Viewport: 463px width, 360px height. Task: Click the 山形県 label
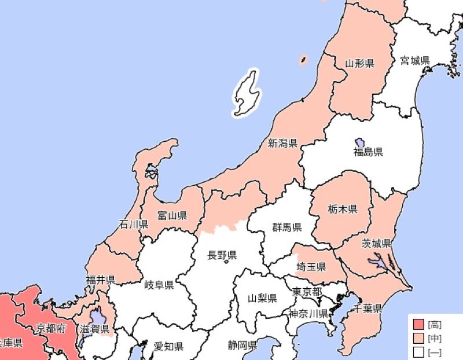[359, 63]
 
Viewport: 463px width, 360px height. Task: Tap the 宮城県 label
[415, 60]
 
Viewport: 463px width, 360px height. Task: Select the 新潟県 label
[282, 142]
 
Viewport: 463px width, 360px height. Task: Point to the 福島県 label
[369, 152]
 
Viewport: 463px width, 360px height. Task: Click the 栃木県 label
[342, 209]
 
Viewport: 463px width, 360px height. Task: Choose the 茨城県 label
[377, 243]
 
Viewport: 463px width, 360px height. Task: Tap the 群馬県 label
[287, 227]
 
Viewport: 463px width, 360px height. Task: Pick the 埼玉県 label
[311, 267]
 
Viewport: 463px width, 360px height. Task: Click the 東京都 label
[307, 291]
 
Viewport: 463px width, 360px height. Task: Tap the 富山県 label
[172, 216]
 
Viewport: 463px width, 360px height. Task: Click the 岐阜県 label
[159, 285]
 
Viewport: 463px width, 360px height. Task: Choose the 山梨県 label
[262, 299]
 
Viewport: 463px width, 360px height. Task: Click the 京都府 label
[51, 329]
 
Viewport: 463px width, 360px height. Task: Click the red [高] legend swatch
[419, 325]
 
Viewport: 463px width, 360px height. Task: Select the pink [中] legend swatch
[419, 338]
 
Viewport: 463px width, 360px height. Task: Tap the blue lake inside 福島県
[359, 142]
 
